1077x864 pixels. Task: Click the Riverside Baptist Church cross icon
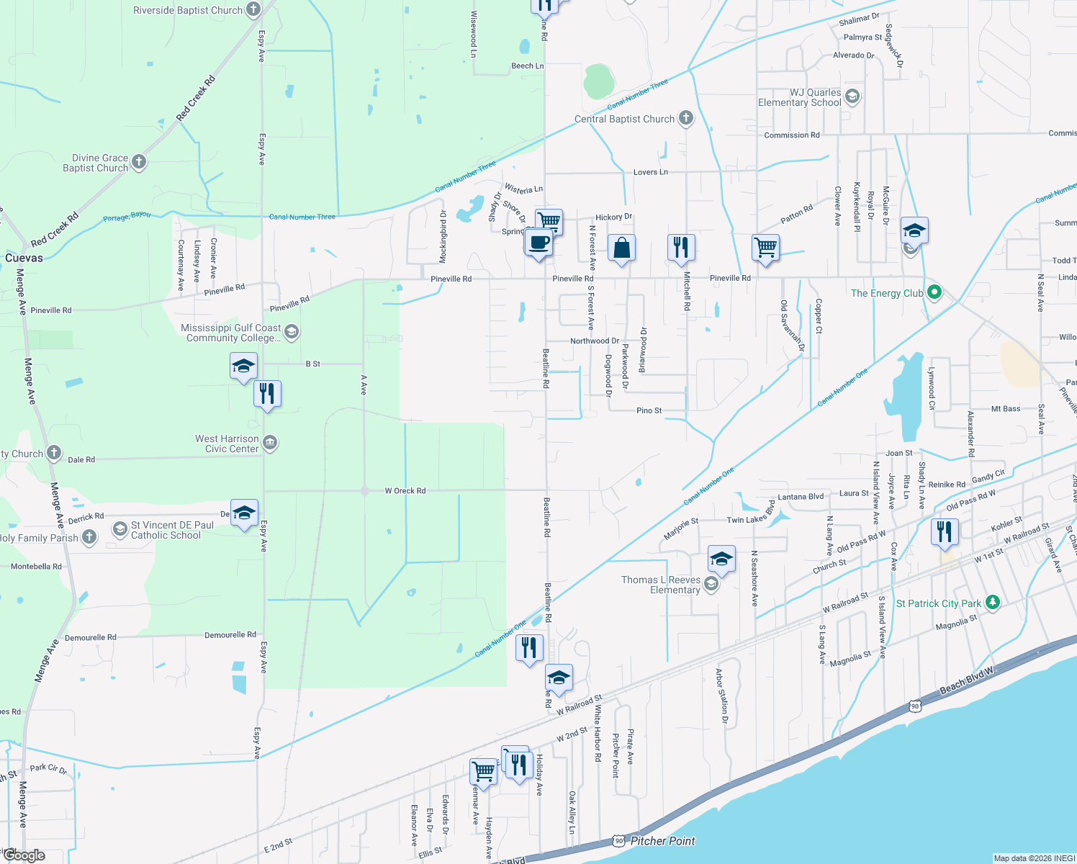click(x=253, y=9)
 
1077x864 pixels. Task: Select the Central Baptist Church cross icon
click(x=686, y=118)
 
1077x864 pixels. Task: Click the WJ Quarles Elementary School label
click(x=800, y=97)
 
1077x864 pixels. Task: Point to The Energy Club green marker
click(x=934, y=292)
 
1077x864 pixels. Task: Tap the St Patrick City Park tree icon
click(x=993, y=603)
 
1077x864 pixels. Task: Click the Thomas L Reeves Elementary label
click(x=661, y=585)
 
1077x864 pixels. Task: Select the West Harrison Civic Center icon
click(x=270, y=443)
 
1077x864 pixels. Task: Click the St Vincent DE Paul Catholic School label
click(x=172, y=530)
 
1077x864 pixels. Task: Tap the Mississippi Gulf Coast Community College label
click(x=230, y=333)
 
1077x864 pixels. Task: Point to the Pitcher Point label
click(x=662, y=840)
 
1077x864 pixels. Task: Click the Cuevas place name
click(x=24, y=258)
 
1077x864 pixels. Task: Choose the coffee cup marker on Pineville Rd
click(x=538, y=243)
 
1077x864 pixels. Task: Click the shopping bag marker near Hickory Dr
click(x=621, y=248)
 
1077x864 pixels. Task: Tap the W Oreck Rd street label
click(x=405, y=491)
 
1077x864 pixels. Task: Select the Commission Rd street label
click(x=791, y=135)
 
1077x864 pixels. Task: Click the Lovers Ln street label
click(x=650, y=172)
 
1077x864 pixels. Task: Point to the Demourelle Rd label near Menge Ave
click(x=91, y=638)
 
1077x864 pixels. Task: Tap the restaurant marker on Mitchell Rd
click(x=681, y=248)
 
